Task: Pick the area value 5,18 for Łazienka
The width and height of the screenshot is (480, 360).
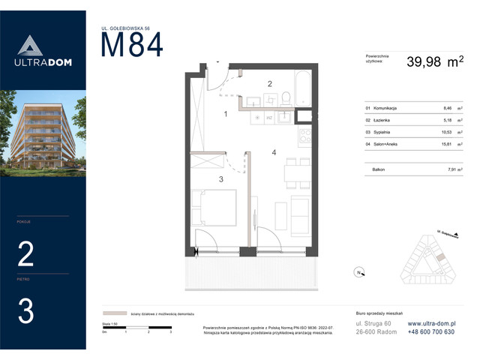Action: [448, 120]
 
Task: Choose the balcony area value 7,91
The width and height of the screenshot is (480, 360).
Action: [448, 169]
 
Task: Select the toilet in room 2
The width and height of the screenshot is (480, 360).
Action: [286, 98]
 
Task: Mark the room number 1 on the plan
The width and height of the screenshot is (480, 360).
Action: [225, 114]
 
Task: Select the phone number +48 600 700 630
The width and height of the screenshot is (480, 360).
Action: [430, 332]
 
